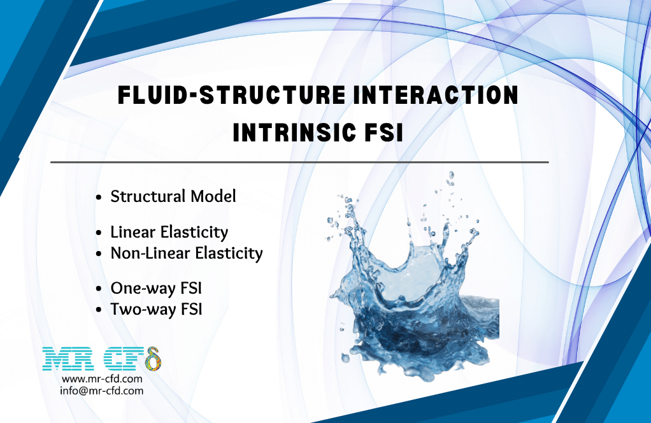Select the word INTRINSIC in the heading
(294, 134)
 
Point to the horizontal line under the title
(299, 162)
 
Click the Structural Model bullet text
(173, 197)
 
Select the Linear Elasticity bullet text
(169, 233)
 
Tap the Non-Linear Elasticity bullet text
(187, 254)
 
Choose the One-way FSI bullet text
(156, 289)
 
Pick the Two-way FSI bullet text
(157, 310)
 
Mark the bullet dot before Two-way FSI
(99, 311)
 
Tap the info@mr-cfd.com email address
(102, 391)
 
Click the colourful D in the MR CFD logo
(153, 359)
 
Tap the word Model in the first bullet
(215, 197)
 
